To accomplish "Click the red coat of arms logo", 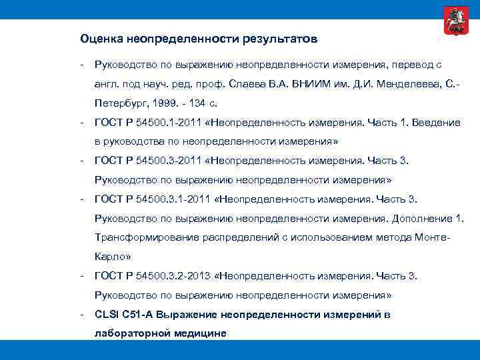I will [454, 21].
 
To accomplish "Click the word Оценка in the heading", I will [99, 39].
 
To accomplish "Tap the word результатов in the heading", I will [281, 39].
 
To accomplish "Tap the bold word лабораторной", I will [129, 333].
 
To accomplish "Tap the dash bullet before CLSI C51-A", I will [80, 314].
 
